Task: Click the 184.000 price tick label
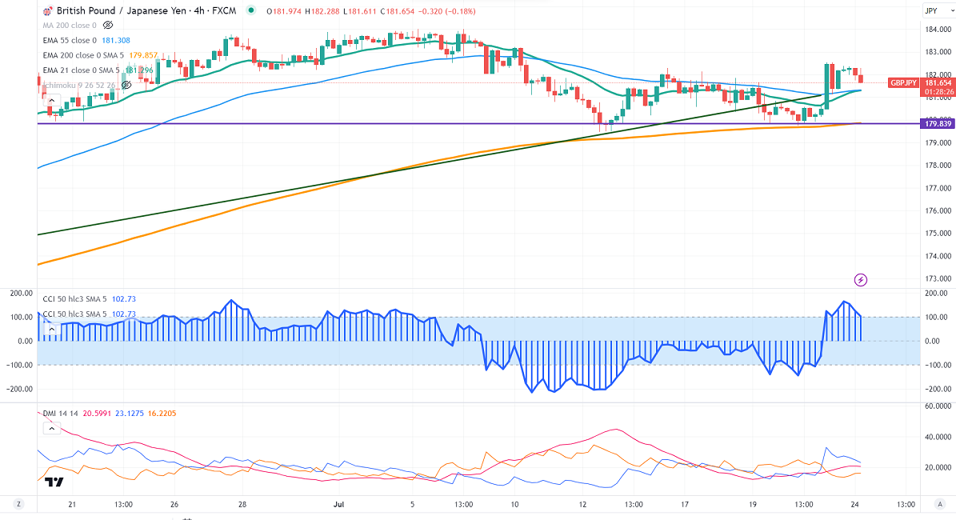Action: coord(937,30)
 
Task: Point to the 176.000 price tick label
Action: coord(937,211)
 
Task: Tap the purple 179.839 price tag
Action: coord(937,124)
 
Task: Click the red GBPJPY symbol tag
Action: coord(904,82)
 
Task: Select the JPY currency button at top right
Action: coord(930,10)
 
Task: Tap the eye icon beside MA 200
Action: coord(108,25)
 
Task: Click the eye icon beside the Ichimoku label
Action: coord(126,84)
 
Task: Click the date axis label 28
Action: coord(243,505)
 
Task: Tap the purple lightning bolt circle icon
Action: coord(861,279)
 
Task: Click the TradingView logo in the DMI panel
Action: coord(54,482)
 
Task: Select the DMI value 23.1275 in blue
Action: coord(129,413)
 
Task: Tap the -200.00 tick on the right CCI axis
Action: coord(936,389)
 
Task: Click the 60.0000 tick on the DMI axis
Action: coord(937,406)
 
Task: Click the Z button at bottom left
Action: coord(18,505)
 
